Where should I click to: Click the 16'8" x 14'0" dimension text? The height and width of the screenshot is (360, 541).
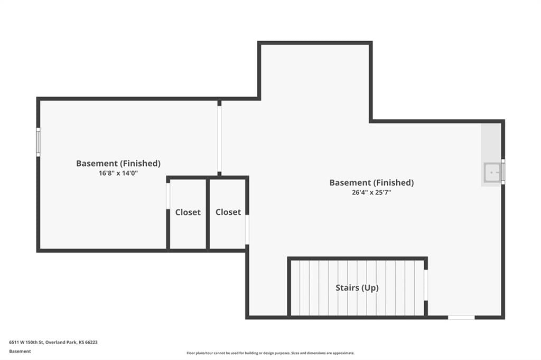coord(118,173)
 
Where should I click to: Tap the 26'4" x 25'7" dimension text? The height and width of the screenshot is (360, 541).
coord(371,193)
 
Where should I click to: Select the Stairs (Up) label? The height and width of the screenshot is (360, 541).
coord(357,288)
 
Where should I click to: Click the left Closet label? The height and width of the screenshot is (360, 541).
coord(188,212)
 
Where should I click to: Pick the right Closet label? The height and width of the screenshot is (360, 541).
coord(228,212)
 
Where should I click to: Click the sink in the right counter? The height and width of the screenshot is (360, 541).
coord(492,173)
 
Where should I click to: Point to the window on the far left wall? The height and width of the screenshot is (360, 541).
coord(38,141)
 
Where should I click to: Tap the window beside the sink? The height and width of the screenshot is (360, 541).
coord(503,172)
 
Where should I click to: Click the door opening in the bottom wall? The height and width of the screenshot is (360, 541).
coord(461,317)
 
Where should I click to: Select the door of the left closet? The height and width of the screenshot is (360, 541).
coord(168,196)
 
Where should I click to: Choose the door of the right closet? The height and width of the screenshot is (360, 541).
coord(247,229)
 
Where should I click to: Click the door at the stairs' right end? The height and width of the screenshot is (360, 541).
coord(426,285)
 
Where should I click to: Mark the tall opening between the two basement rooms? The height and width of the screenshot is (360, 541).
coord(219,138)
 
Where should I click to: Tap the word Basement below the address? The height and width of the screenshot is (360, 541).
coord(20,352)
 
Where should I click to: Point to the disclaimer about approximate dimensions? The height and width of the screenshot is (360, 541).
coord(270,353)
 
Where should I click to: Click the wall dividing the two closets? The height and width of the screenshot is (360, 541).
coord(208,214)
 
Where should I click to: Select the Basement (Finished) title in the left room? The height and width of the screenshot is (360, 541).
coord(118,163)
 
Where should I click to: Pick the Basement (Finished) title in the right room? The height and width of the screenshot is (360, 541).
coord(371,183)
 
